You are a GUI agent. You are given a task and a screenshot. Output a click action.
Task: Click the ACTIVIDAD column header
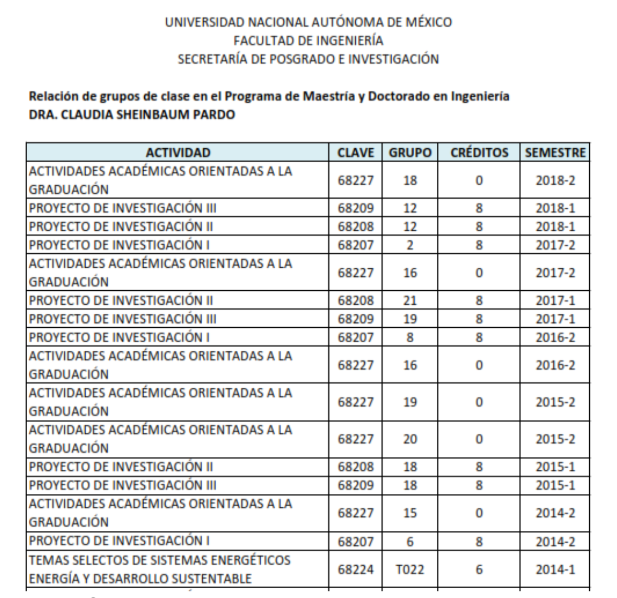pyautogui.click(x=178, y=153)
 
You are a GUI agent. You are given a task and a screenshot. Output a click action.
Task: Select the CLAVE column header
pyautogui.click(x=355, y=153)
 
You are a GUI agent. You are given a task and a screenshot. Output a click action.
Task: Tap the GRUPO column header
pyautogui.click(x=410, y=153)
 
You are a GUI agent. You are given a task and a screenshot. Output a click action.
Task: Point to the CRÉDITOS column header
pyautogui.click(x=479, y=153)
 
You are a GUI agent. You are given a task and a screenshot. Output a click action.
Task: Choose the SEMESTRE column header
pyautogui.click(x=555, y=153)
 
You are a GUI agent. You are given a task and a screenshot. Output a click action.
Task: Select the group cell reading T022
pyautogui.click(x=410, y=570)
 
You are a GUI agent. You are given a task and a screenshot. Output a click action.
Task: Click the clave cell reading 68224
pyautogui.click(x=355, y=570)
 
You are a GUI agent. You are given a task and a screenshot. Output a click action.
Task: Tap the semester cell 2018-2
pyautogui.click(x=555, y=181)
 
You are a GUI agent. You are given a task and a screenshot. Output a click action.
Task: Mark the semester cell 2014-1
pyautogui.click(x=555, y=570)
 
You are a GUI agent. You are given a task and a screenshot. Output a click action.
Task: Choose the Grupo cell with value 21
pyautogui.click(x=410, y=301)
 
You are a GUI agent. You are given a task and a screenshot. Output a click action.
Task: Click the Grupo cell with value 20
pyautogui.click(x=410, y=440)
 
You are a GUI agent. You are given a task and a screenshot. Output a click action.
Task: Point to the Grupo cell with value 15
pyautogui.click(x=410, y=513)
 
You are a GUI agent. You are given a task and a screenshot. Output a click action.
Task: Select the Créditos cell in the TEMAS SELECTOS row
pyautogui.click(x=479, y=570)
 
